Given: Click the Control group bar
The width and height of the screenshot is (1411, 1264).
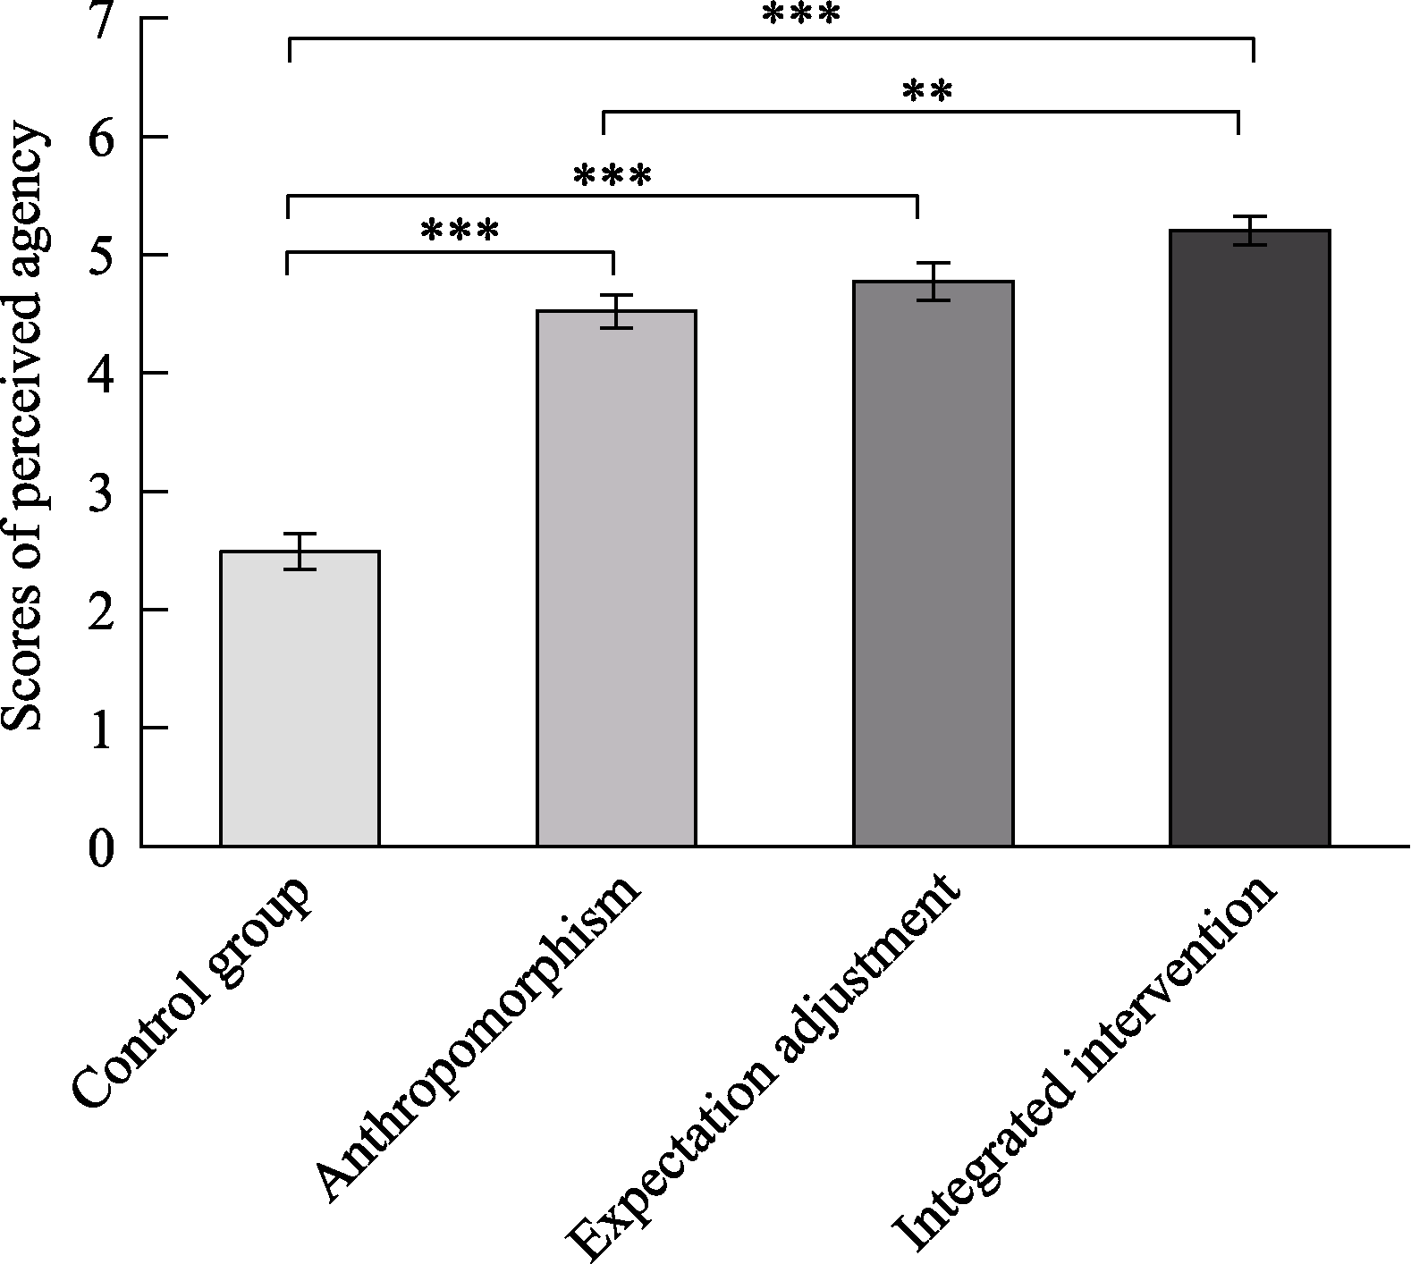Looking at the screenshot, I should [300, 698].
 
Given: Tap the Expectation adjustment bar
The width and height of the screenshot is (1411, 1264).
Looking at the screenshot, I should [933, 563].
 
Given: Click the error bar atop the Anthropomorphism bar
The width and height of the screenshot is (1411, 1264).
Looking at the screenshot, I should [616, 311].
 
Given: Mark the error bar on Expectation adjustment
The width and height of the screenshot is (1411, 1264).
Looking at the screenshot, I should [933, 282].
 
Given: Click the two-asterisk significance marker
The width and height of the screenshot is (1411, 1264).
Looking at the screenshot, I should [927, 92].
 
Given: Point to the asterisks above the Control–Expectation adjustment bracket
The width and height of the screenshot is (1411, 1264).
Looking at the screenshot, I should [612, 175].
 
